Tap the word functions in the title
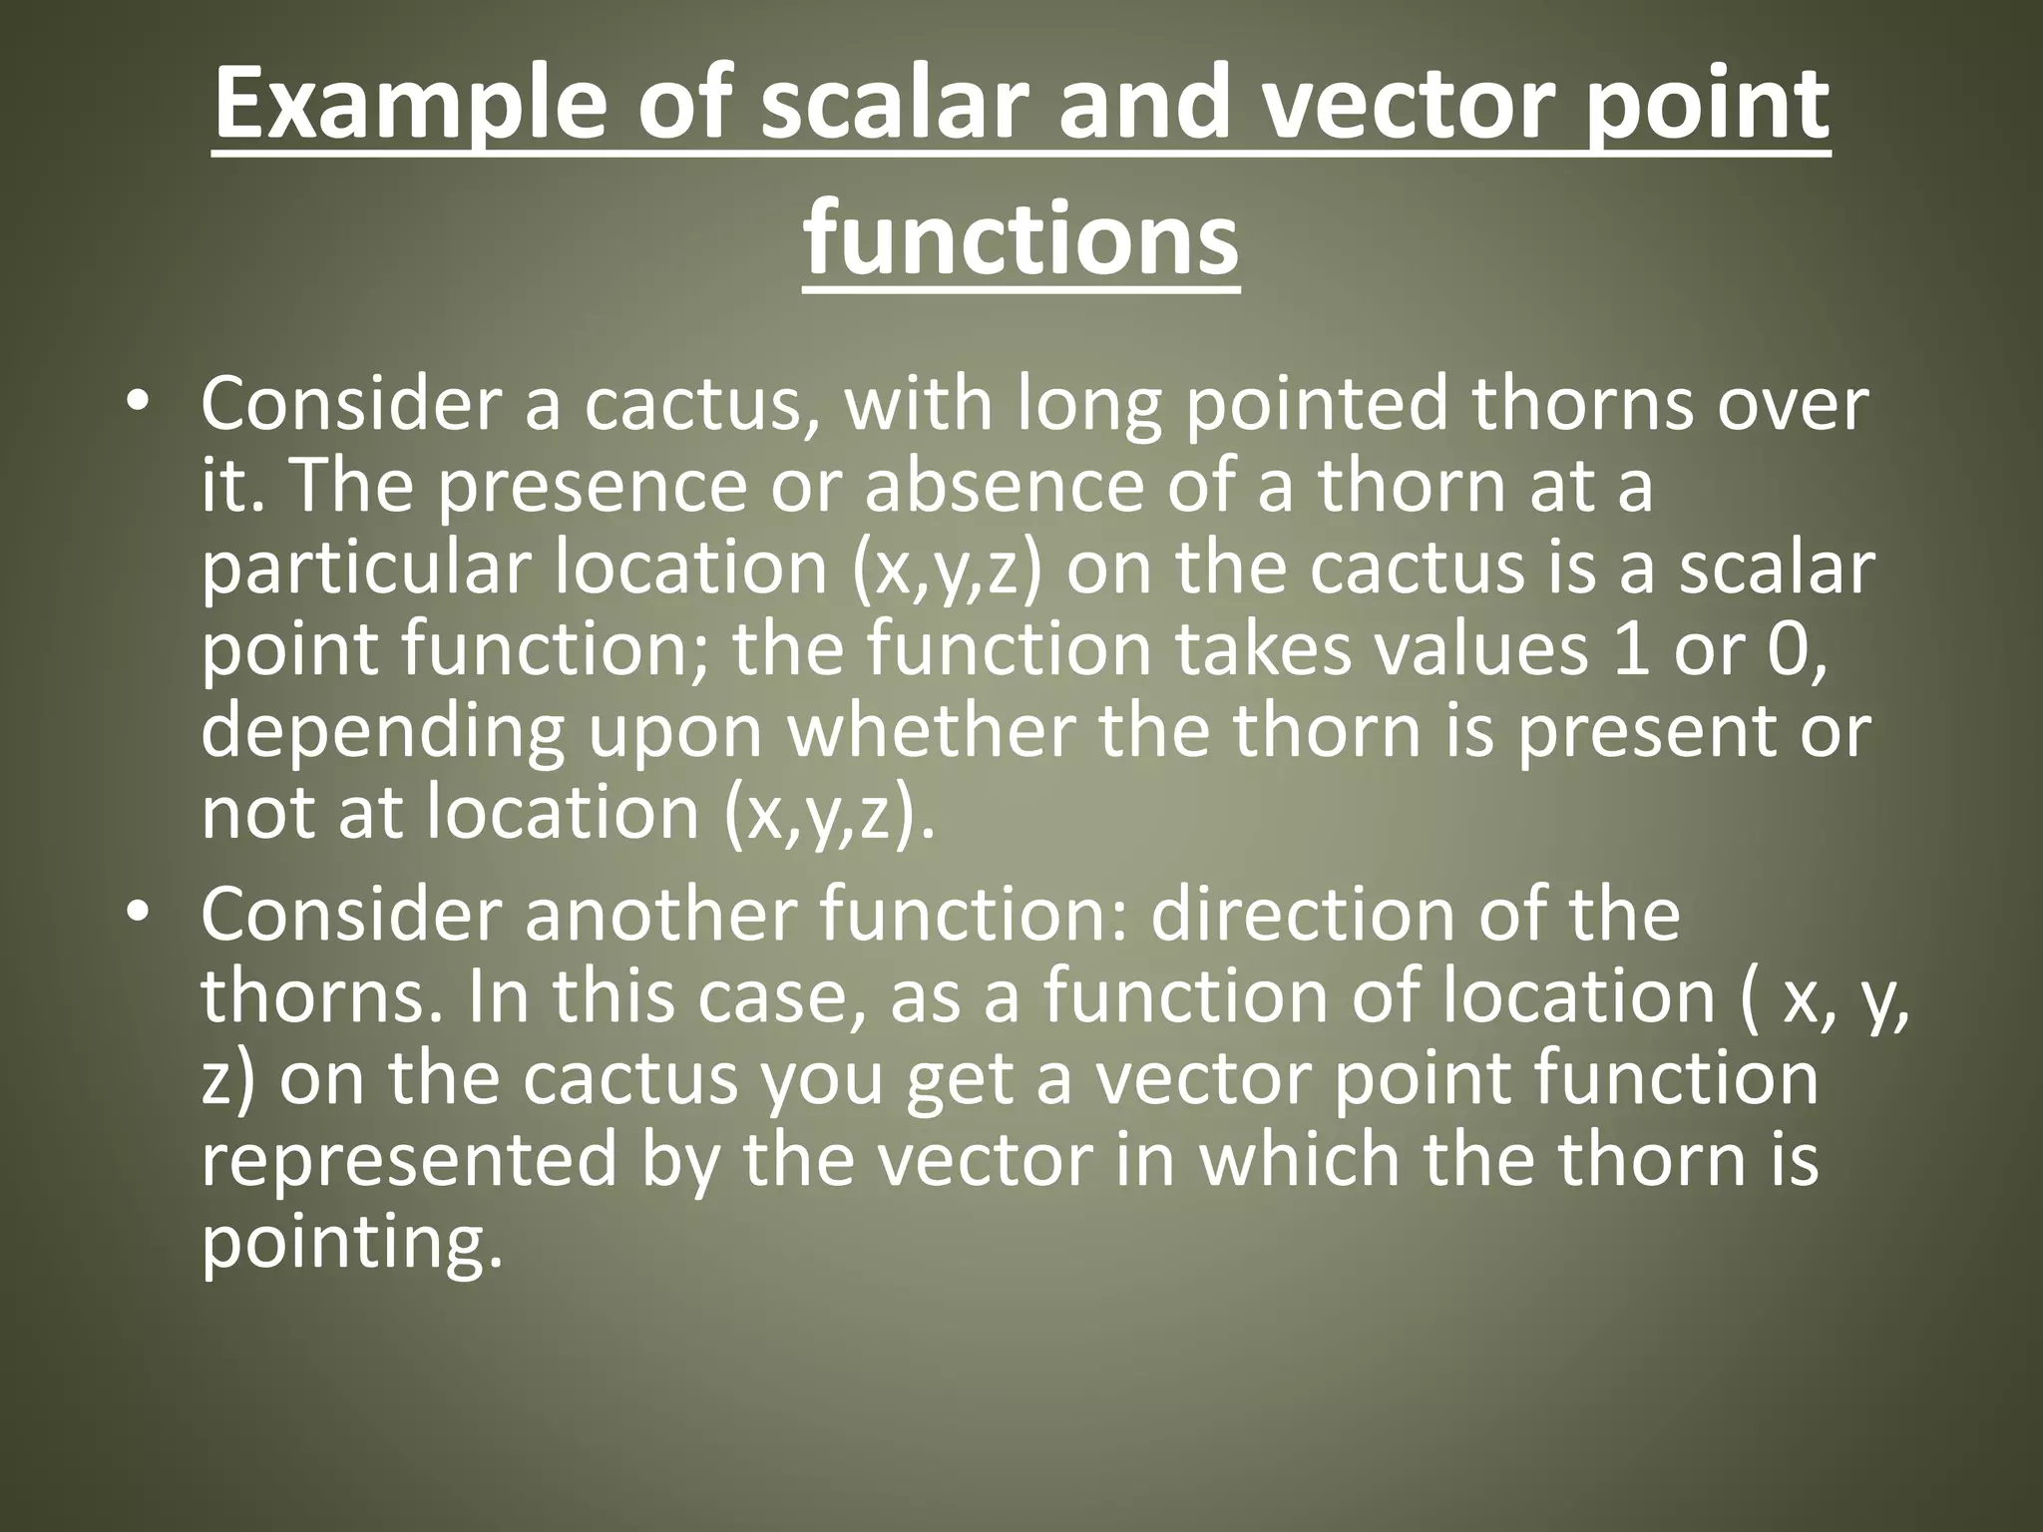pos(1021,241)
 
